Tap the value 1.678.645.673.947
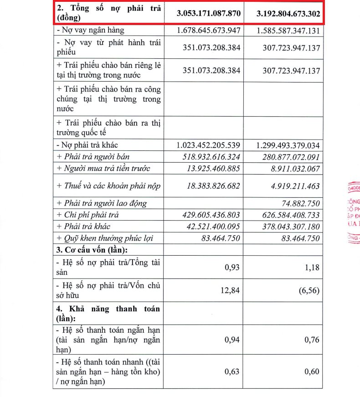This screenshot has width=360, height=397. click(x=208, y=31)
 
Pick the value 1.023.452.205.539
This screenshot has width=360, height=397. click(x=208, y=145)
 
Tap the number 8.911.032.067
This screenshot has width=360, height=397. click(x=292, y=169)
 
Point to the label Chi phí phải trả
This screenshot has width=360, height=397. click(x=88, y=215)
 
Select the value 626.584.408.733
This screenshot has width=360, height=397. click(x=287, y=215)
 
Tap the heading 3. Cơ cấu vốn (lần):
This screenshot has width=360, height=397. click(x=94, y=250)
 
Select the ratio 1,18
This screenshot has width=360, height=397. click(x=311, y=267)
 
